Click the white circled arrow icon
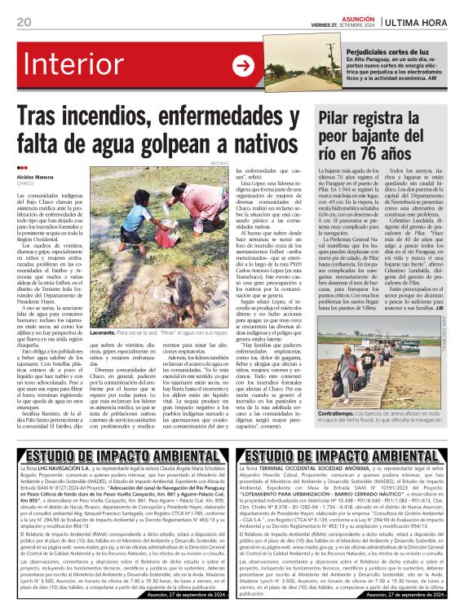point(243,65)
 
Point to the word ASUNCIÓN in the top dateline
point(356,15)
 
